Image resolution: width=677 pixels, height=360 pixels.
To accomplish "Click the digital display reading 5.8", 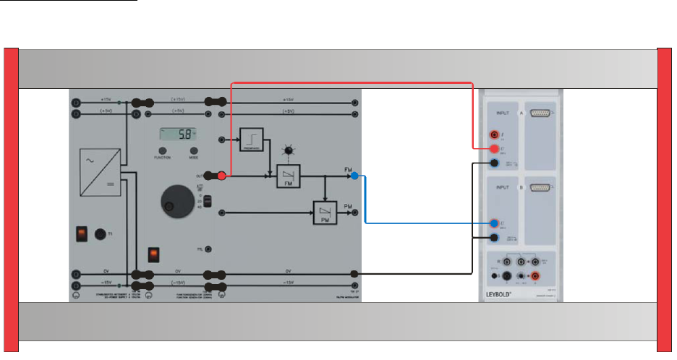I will [x=177, y=134].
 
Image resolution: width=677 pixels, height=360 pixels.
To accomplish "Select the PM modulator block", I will [x=323, y=213].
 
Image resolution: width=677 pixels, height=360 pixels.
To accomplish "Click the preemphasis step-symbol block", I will [x=252, y=139].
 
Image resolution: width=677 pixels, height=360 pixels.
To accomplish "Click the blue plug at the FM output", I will [x=354, y=176].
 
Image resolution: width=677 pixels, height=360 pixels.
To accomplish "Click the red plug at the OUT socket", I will [x=223, y=176].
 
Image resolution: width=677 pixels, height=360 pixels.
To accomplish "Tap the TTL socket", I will [x=209, y=249].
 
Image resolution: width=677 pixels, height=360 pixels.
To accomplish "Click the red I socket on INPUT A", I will [x=494, y=134].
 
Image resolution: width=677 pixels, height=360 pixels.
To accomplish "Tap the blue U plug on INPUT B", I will [x=494, y=223].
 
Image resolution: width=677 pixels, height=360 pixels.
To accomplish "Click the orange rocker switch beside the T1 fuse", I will [x=82, y=233].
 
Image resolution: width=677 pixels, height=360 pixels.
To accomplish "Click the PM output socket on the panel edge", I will [x=354, y=213].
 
